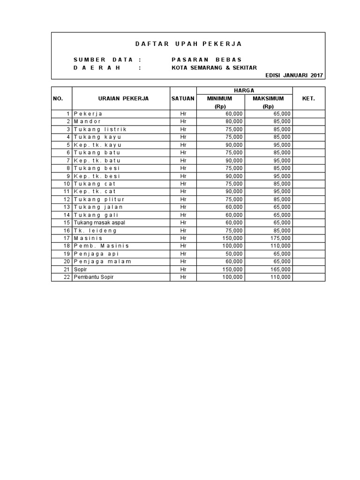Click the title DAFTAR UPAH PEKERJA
(x=188, y=44)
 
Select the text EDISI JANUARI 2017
(x=294, y=75)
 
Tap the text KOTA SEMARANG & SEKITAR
(x=214, y=67)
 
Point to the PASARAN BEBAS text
(x=207, y=60)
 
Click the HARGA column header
(x=244, y=90)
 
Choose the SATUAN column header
(x=183, y=98)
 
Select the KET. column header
(x=308, y=98)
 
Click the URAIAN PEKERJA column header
(x=123, y=98)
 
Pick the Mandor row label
(x=87, y=121)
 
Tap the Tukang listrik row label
(x=100, y=129)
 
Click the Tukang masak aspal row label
(x=99, y=223)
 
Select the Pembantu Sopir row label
(x=93, y=277)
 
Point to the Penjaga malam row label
(x=102, y=262)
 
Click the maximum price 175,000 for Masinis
(x=279, y=238)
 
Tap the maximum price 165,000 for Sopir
(x=279, y=270)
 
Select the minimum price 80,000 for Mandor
(x=234, y=121)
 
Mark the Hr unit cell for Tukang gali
(x=183, y=215)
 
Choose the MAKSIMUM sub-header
(x=268, y=98)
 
